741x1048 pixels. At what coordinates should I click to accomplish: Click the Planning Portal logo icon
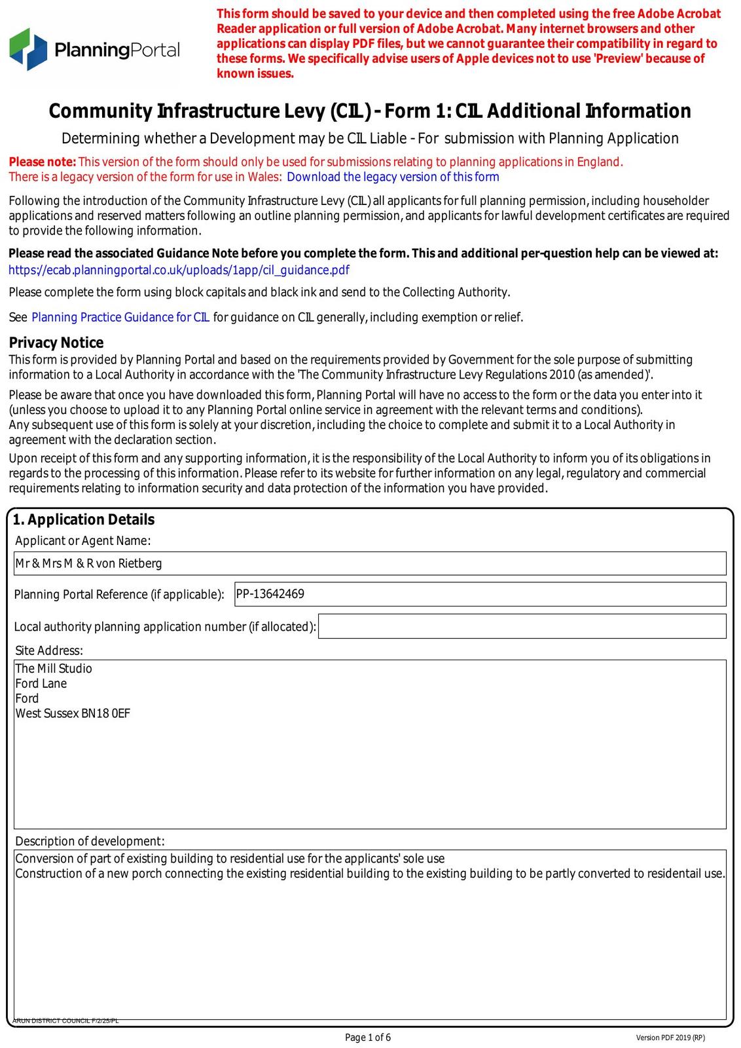point(27,49)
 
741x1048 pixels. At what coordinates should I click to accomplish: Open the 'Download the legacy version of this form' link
point(393,177)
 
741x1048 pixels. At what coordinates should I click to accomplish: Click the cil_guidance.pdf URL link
point(179,270)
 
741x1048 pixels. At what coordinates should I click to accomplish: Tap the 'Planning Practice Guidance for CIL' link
point(120,318)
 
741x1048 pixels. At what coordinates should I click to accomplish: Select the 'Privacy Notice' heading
point(56,343)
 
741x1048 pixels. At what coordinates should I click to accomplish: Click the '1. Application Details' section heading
point(84,519)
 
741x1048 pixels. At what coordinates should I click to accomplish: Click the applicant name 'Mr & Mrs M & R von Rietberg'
point(88,563)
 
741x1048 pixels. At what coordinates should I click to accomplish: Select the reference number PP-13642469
point(270,594)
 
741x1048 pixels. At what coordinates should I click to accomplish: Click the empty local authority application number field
point(522,626)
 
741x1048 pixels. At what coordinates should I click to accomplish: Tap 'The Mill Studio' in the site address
point(54,669)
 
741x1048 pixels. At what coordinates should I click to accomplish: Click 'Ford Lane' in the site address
point(41,684)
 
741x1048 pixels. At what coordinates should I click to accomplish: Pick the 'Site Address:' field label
point(49,650)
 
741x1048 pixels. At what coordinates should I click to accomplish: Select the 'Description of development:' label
point(90,841)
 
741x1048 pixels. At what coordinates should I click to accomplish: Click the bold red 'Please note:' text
point(43,162)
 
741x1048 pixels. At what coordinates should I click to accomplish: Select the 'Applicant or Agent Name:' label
point(83,540)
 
